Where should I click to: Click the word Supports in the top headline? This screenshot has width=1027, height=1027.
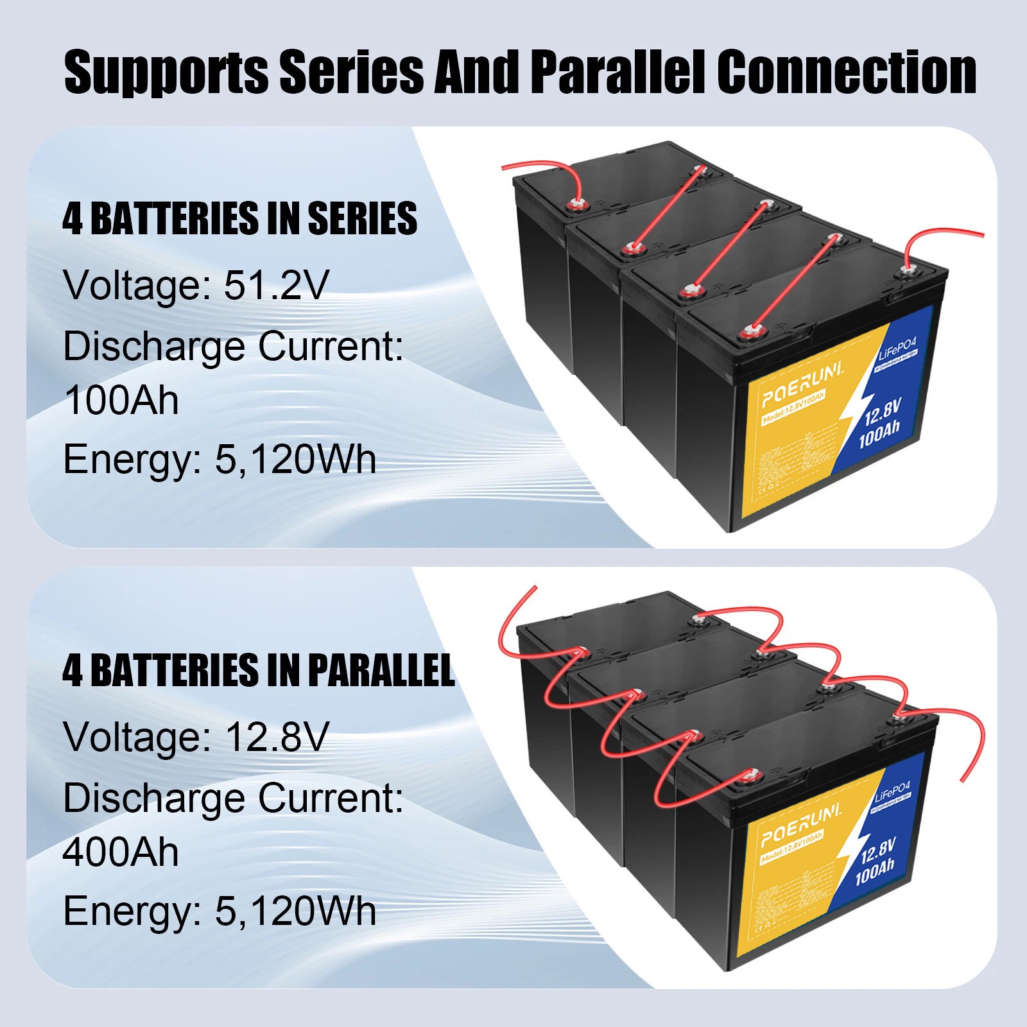[166, 73]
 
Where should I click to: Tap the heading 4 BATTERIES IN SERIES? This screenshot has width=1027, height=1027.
[239, 218]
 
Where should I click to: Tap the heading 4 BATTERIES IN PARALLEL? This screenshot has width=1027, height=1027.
[258, 670]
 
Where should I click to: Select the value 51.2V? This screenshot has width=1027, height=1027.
[276, 285]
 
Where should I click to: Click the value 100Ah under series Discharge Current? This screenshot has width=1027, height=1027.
[121, 401]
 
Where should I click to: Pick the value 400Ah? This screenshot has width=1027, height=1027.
[121, 852]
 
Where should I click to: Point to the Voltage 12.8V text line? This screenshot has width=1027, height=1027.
[196, 737]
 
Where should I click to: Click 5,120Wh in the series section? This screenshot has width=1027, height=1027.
[295, 460]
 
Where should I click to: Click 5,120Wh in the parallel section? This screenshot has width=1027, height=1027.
[295, 911]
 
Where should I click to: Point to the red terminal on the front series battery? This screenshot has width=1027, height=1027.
[748, 332]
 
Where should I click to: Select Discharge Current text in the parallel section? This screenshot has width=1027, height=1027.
[233, 798]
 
